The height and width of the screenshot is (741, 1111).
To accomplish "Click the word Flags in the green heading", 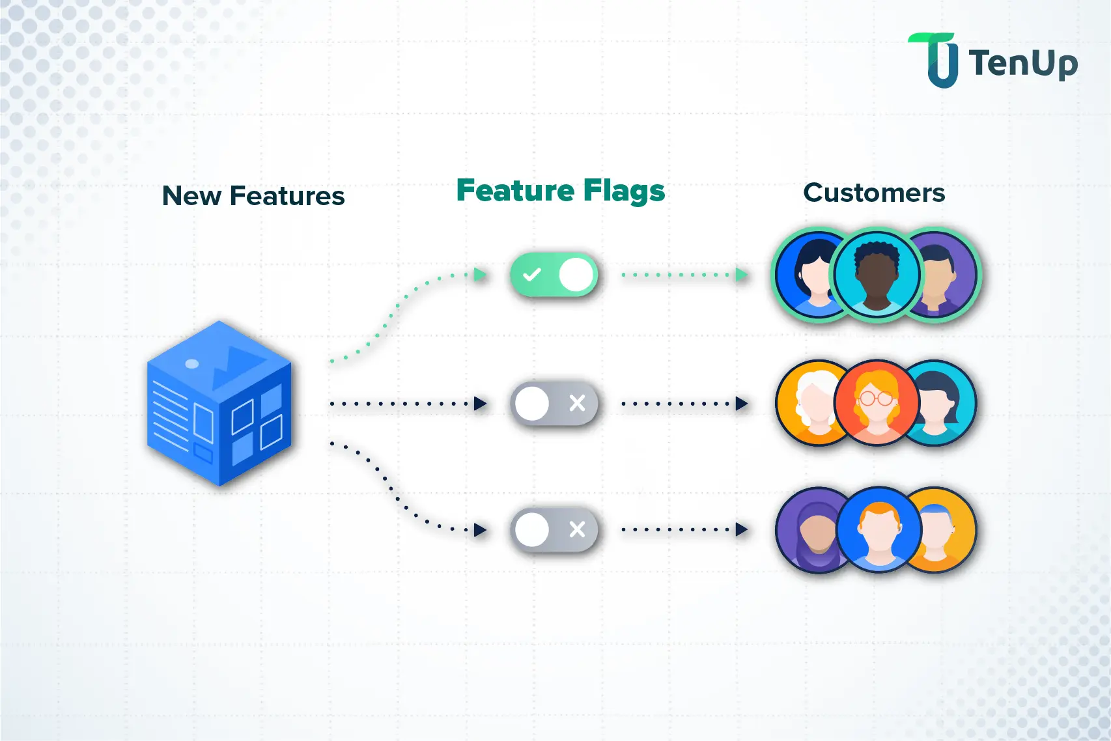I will tap(624, 191).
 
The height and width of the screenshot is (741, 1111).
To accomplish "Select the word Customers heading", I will tap(874, 193).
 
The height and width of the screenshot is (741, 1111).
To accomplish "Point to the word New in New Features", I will tap(191, 196).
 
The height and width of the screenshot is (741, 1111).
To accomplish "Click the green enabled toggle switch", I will tap(554, 275).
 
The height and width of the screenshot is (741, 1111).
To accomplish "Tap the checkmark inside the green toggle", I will tap(532, 275).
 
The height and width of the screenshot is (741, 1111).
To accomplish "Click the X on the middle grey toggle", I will tap(577, 403).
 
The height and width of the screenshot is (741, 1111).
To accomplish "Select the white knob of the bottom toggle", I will tap(532, 529).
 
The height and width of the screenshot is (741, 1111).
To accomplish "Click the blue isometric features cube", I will tap(219, 403).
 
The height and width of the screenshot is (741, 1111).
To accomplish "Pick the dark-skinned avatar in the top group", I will tap(877, 275).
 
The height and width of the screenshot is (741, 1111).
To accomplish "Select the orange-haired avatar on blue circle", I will tap(879, 529).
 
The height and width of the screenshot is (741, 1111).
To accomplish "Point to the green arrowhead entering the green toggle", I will tap(481, 274).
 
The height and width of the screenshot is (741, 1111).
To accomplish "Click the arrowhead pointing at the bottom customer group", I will tap(741, 529).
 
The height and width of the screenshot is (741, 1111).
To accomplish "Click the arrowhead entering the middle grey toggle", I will tap(481, 404).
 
